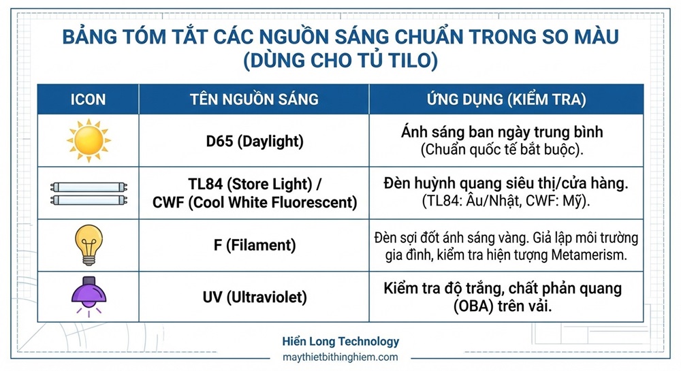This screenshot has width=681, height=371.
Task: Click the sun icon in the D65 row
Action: click(89, 141)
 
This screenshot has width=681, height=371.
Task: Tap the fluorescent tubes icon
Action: click(89, 193)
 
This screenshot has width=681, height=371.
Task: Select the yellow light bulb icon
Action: click(89, 245)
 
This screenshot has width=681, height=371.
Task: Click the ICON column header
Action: click(89, 99)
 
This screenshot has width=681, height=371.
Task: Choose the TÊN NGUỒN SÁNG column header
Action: click(254, 99)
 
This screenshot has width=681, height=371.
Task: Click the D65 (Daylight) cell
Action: click(254, 142)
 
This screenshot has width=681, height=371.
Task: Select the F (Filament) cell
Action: click(254, 246)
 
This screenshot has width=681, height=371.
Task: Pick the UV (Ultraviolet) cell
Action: click(254, 297)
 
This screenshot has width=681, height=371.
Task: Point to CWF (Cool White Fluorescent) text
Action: click(254, 202)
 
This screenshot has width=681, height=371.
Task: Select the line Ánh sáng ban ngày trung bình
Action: click(503, 132)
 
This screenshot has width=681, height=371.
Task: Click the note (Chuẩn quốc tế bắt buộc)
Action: click(503, 149)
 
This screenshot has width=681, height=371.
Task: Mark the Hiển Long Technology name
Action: click(340, 342)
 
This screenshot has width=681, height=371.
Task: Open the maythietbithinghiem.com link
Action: click(340, 357)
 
